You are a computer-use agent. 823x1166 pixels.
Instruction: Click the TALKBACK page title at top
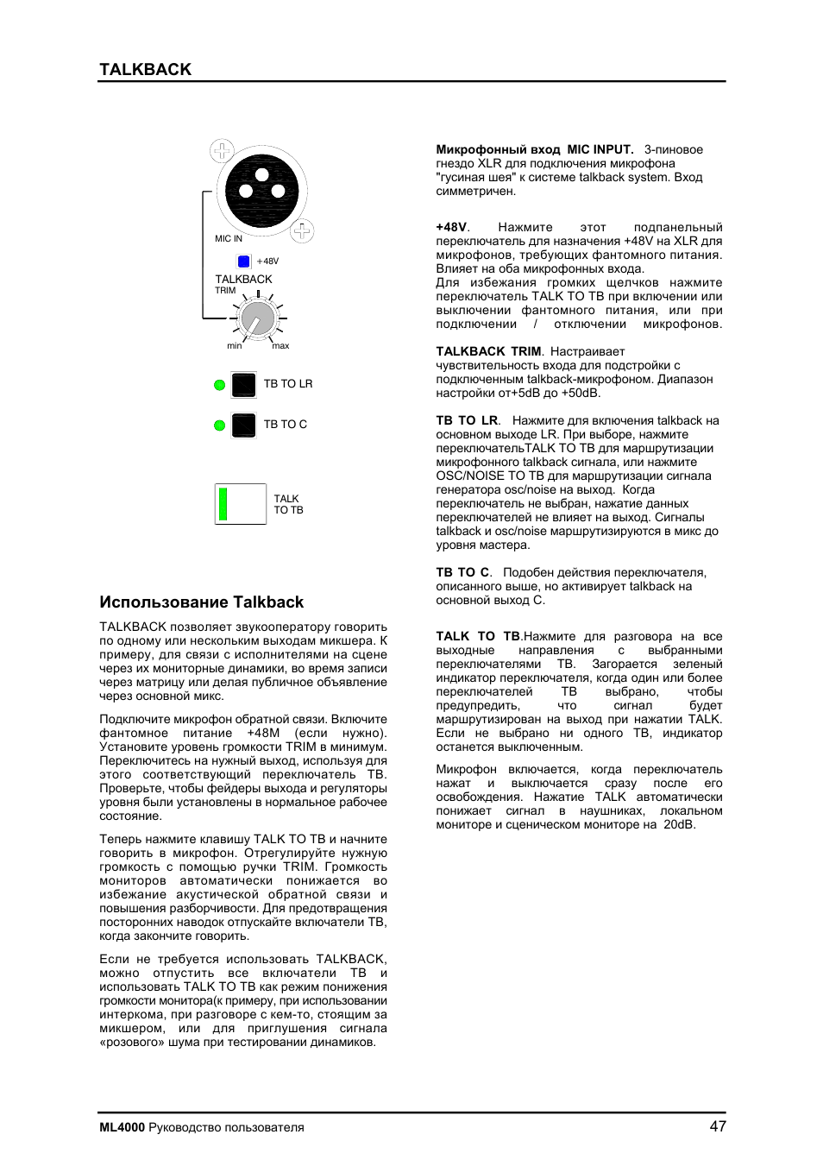[x=145, y=70]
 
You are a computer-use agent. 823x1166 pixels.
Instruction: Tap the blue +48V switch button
[x=243, y=262]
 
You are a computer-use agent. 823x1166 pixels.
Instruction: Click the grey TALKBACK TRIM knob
[x=257, y=319]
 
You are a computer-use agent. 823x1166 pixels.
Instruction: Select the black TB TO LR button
[x=244, y=384]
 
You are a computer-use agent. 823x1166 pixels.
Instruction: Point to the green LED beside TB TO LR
[x=219, y=385]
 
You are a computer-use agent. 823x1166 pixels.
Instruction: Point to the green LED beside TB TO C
[x=219, y=425]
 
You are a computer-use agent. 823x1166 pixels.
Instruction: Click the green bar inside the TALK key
[x=223, y=504]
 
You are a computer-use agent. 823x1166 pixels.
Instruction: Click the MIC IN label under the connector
[x=229, y=239]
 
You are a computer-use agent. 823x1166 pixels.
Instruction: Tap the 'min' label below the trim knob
[x=235, y=346]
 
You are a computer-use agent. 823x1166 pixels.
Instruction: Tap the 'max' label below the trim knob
[x=281, y=346]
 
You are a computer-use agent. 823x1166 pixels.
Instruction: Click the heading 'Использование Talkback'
[x=201, y=602]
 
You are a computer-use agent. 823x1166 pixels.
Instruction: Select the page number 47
[x=718, y=1126]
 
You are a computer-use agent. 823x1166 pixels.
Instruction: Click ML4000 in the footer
[x=122, y=1127]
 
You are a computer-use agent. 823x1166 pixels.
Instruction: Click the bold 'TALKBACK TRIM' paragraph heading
[x=488, y=351]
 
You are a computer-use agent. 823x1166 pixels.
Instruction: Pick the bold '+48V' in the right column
[x=451, y=228]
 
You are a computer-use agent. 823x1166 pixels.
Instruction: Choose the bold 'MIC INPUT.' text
[x=600, y=149]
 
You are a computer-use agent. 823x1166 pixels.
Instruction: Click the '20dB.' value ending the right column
[x=679, y=824]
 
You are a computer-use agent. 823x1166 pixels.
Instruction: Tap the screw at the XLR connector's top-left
[x=222, y=151]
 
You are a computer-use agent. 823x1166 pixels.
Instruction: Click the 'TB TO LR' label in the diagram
[x=288, y=384]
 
